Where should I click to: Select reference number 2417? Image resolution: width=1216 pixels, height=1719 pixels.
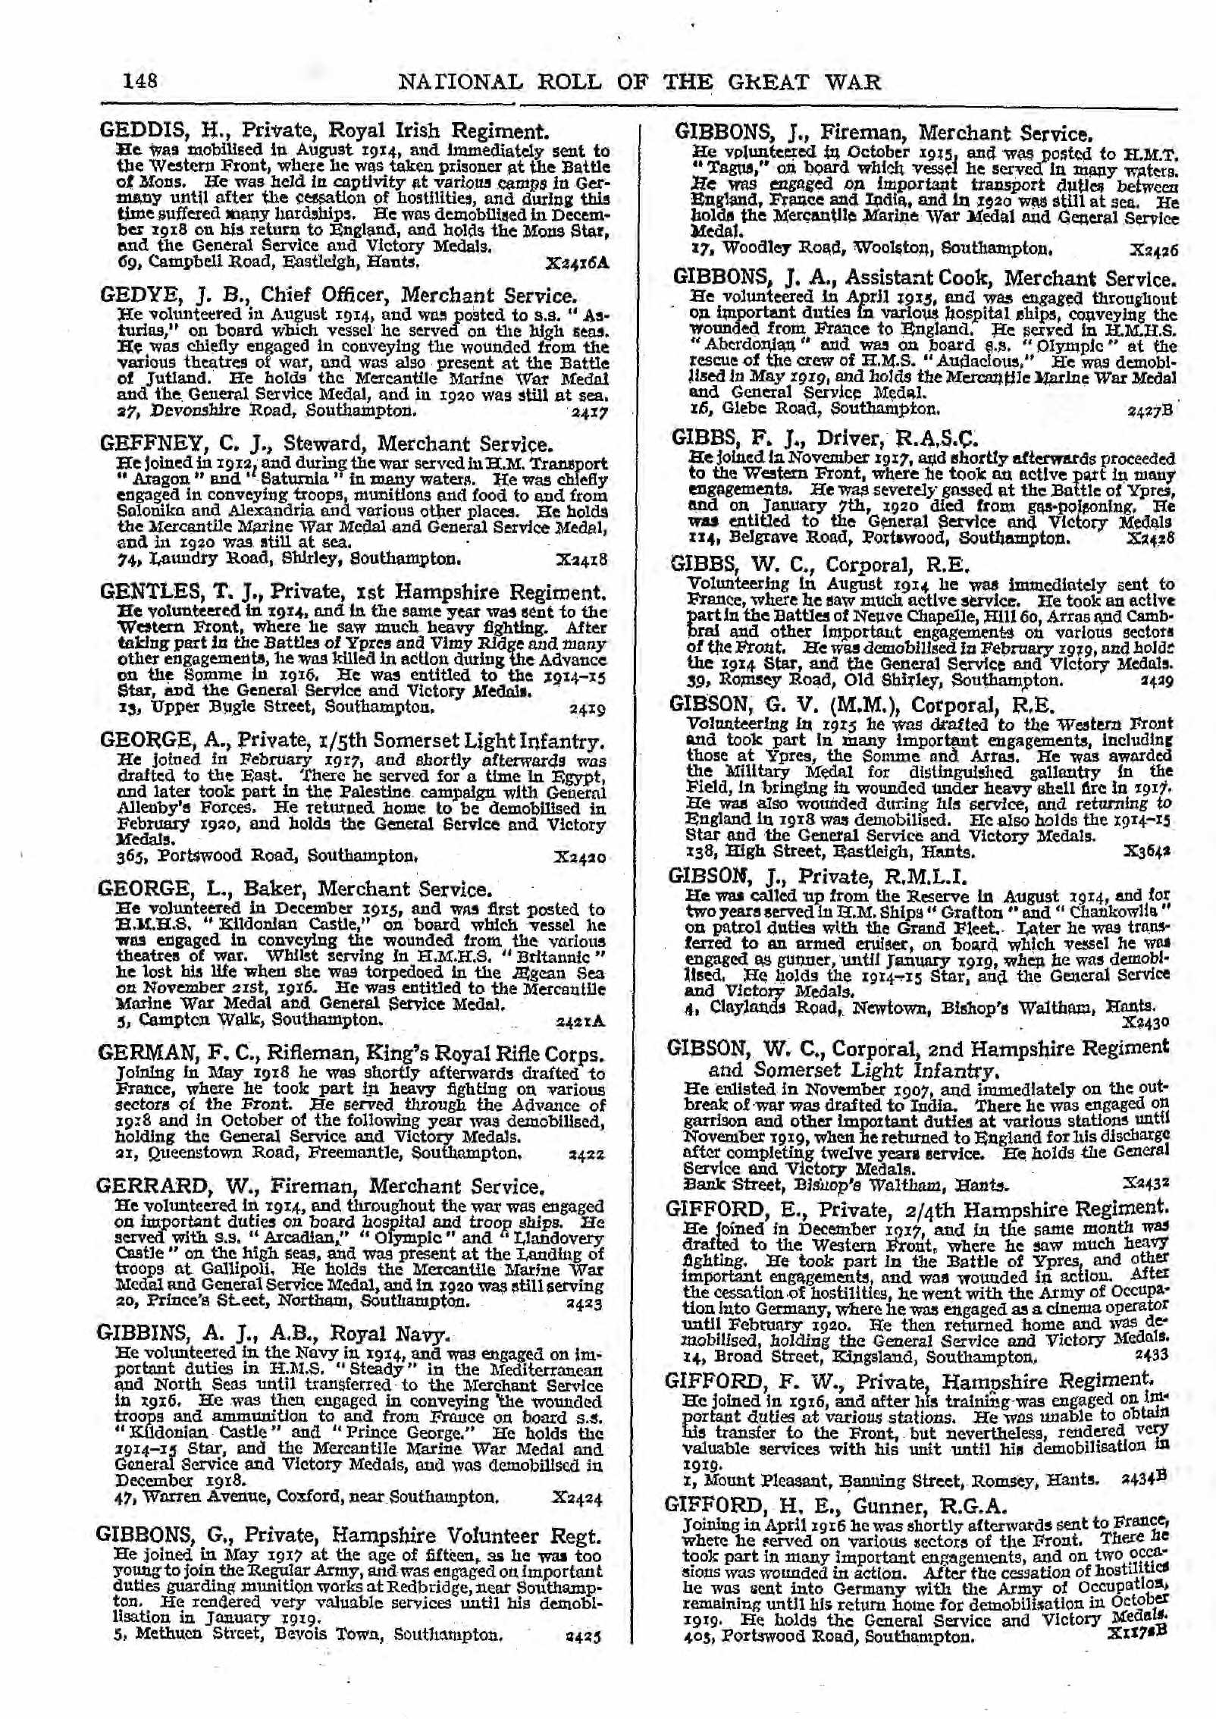click(591, 412)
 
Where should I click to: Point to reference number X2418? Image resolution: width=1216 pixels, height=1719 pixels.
click(581, 560)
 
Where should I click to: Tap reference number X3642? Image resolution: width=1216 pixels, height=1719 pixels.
click(1147, 852)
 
